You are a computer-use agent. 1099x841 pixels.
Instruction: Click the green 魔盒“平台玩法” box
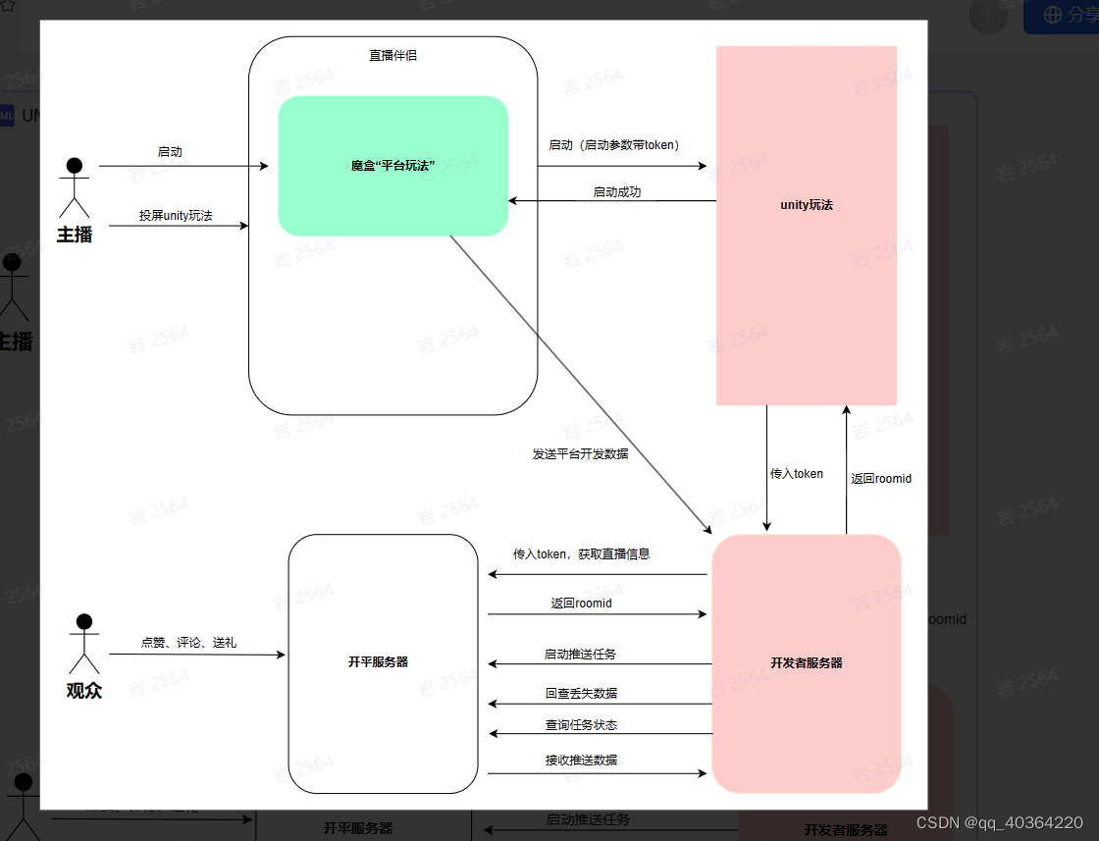[392, 166]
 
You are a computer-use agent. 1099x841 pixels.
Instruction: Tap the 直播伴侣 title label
[392, 55]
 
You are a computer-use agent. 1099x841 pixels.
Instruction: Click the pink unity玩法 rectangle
[807, 225]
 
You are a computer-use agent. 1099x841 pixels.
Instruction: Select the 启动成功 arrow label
[616, 192]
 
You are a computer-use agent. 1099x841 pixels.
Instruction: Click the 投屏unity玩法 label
[176, 215]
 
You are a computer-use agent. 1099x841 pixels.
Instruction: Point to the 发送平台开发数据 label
[580, 454]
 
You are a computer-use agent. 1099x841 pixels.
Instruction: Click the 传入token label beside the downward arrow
[796, 474]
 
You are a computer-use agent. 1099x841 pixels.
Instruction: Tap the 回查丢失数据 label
[581, 693]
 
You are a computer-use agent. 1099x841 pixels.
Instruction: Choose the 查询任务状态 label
[581, 725]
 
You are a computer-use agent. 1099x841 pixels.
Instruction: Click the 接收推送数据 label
[581, 760]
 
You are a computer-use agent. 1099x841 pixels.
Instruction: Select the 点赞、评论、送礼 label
[188, 643]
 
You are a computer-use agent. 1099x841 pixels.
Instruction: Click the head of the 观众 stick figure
[84, 622]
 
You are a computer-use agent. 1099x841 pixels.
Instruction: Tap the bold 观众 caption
[84, 690]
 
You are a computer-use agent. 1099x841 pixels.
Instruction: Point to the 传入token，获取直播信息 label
[581, 554]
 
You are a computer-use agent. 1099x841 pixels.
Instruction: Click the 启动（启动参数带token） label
[615, 145]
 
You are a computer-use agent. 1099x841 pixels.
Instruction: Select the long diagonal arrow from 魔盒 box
[579, 383]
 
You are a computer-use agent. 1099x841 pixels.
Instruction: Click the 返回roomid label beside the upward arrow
[880, 479]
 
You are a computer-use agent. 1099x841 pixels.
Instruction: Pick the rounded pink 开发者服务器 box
[807, 663]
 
